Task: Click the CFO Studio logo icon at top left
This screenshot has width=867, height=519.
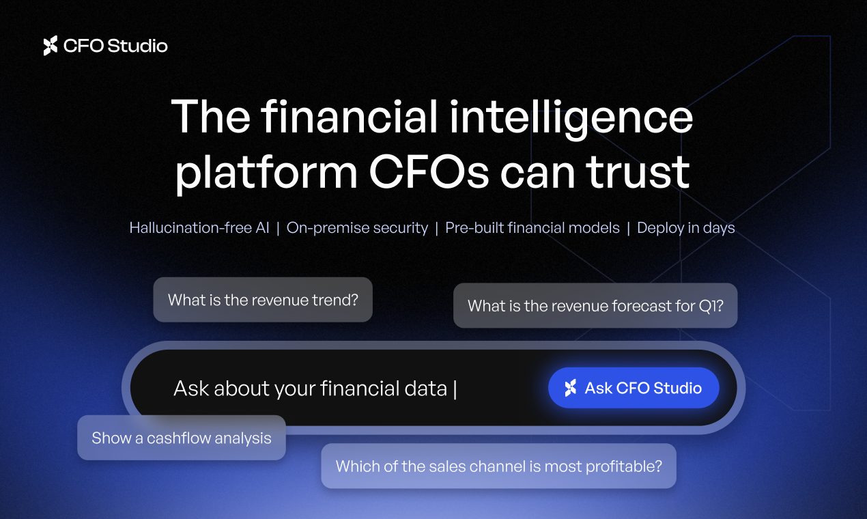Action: pos(51,46)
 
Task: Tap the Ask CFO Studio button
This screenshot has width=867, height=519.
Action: pos(634,388)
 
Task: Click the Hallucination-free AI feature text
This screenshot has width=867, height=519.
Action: pos(199,228)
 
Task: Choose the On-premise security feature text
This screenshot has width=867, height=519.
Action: pos(357,228)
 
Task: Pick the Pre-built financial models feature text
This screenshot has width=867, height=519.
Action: pos(532,228)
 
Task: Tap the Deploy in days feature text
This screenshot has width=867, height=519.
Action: pos(685,228)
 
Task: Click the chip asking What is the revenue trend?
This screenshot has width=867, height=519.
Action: pos(263,300)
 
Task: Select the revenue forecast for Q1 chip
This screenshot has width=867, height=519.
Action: pos(595,305)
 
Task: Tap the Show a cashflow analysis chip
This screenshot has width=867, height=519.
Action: pos(182,438)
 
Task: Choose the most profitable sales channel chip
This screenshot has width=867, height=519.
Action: pos(498,466)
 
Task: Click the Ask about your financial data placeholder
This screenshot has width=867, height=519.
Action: pos(310,389)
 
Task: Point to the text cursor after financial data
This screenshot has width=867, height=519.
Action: pos(455,389)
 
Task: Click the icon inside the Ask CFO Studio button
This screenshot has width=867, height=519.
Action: pos(570,388)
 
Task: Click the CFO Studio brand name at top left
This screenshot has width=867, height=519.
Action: pos(115,46)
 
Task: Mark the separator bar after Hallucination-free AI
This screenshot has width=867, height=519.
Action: pos(278,228)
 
